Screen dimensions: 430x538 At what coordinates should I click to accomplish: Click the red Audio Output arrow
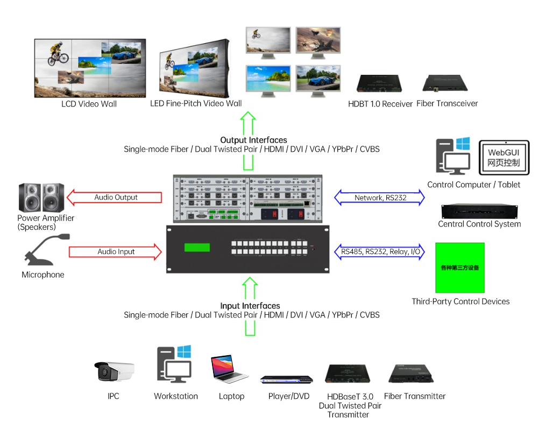[x=115, y=198]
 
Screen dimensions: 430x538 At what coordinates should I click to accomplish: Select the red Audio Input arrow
[x=115, y=251]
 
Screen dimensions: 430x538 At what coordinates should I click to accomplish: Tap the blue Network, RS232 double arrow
[x=380, y=198]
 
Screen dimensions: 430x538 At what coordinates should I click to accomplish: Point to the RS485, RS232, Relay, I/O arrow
[x=380, y=251]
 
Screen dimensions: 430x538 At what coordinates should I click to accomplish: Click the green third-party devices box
[x=459, y=267]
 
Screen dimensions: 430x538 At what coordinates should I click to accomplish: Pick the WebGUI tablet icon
[x=504, y=157]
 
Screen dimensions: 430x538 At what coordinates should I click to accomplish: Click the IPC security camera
[x=114, y=371]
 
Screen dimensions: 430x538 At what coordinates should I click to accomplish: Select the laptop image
[x=230, y=369]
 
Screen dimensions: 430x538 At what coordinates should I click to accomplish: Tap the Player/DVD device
[x=286, y=379]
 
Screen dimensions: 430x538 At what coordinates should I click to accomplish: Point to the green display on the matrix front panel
[x=197, y=248]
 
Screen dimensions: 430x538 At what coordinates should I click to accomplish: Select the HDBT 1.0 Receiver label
[x=380, y=103]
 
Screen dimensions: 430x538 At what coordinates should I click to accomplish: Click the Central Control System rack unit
[x=479, y=212]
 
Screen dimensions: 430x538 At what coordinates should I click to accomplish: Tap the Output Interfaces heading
[x=253, y=140]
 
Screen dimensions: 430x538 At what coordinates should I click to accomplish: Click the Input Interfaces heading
[x=250, y=306]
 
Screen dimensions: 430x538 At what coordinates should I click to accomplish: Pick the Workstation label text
[x=176, y=396]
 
